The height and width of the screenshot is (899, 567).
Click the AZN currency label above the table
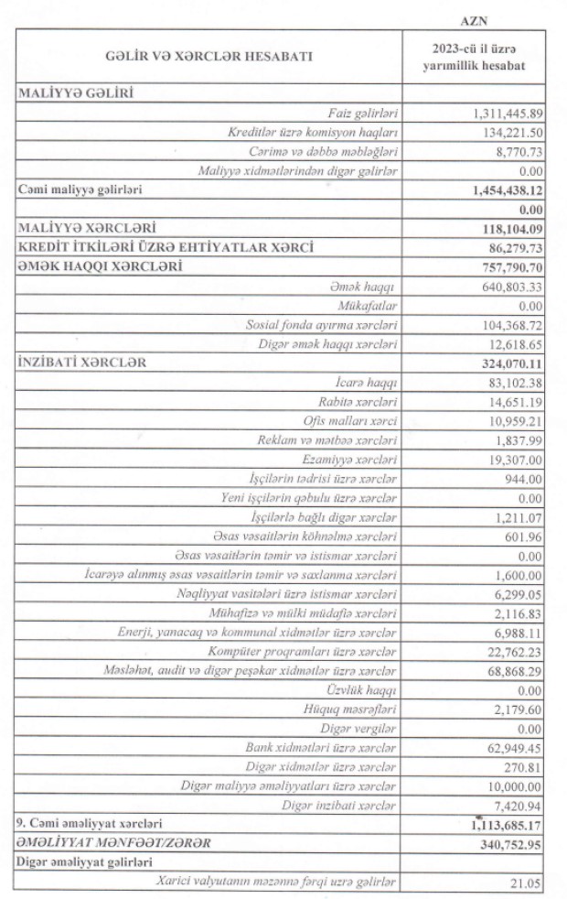(x=479, y=19)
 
